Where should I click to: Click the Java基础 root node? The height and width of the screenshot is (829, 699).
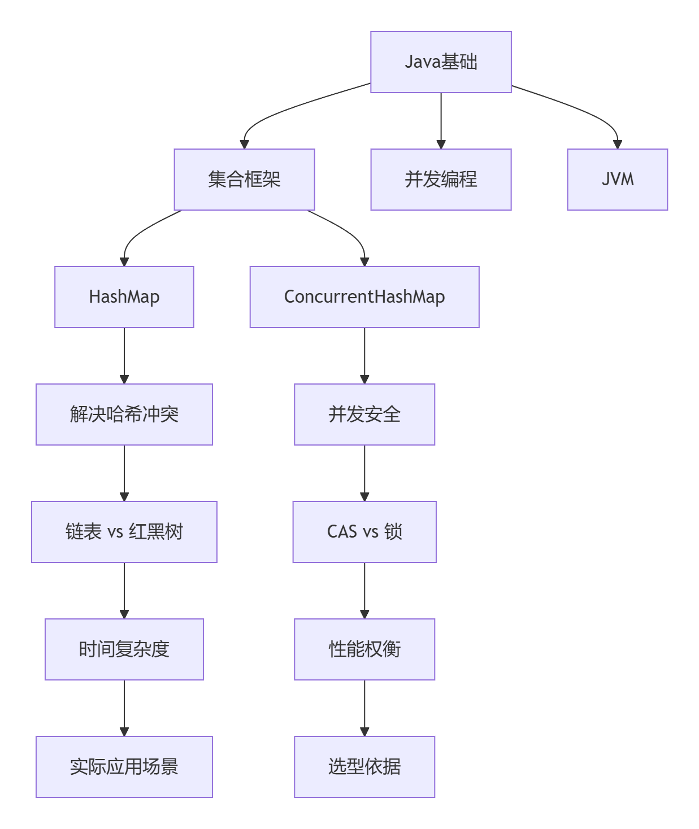point(441,62)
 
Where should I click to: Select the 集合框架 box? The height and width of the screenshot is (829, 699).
point(244,180)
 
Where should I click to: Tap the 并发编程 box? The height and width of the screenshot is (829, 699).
point(441,180)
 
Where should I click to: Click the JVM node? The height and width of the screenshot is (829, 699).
point(617,180)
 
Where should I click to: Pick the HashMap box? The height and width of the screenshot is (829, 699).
point(124,297)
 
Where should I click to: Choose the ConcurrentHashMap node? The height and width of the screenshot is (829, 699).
point(364,297)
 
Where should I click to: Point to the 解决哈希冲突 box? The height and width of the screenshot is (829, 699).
point(124,415)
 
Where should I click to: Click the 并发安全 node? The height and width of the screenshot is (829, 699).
point(364,415)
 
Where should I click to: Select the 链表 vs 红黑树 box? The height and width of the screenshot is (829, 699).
point(124,532)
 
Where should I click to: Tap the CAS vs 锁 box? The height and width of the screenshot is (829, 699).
point(364,532)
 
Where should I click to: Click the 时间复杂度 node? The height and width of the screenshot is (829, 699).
point(124,649)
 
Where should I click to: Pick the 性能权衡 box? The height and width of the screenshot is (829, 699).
point(364,649)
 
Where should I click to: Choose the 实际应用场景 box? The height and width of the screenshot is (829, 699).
point(124,767)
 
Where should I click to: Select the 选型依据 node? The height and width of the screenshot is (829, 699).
point(364,767)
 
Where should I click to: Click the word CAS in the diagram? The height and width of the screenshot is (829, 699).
point(342,532)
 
